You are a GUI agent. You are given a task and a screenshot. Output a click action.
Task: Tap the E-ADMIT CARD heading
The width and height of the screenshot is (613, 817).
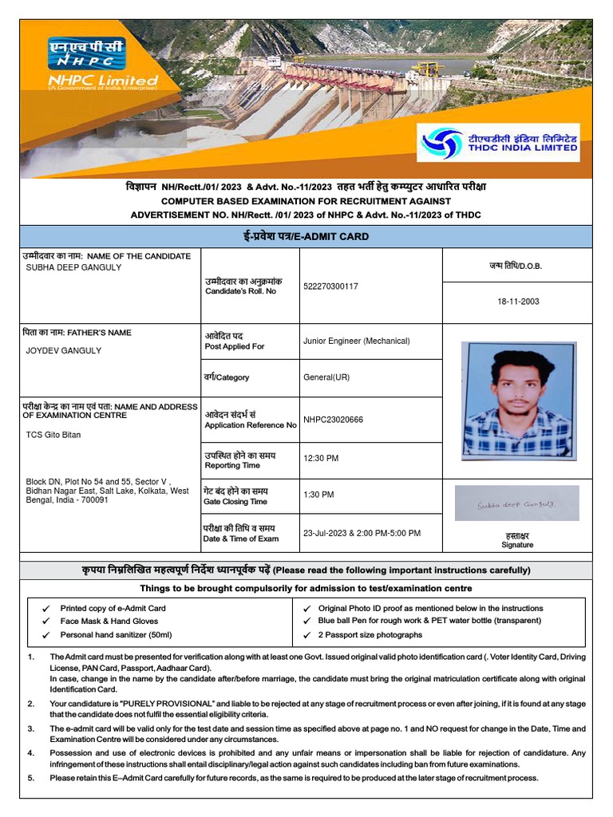coord(306,236)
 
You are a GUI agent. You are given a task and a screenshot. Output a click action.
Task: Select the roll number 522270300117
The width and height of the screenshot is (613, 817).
coord(330,286)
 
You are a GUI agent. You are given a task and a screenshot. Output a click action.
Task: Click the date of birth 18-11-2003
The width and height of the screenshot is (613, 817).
coord(518,302)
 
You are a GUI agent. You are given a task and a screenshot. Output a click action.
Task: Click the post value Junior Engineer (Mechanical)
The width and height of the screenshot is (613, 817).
coord(356,341)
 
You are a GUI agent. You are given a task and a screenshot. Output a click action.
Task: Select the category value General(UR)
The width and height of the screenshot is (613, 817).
coord(326,377)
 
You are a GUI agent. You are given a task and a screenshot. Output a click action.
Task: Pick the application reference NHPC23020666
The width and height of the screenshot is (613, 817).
coord(333,420)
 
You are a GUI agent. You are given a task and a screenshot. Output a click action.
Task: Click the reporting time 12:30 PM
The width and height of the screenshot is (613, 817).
coord(321,458)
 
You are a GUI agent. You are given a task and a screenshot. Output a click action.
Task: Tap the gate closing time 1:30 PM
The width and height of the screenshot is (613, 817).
coord(318,495)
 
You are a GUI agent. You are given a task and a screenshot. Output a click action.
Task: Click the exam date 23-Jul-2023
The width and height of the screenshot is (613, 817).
coord(327,533)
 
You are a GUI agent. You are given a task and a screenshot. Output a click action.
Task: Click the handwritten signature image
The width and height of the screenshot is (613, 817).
coord(516,504)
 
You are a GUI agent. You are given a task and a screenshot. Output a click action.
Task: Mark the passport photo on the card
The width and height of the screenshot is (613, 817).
coord(518,401)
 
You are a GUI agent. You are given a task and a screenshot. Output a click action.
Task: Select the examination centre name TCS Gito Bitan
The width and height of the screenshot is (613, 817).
coord(53,435)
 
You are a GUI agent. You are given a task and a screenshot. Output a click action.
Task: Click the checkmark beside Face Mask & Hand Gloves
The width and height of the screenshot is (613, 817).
coord(46,621)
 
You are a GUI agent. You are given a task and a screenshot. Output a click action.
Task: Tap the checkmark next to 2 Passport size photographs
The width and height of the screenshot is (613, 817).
coord(307,635)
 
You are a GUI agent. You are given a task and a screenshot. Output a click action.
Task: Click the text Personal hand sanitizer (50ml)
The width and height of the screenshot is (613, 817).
coord(116,634)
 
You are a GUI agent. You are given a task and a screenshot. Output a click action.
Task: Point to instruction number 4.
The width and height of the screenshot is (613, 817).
coord(31,752)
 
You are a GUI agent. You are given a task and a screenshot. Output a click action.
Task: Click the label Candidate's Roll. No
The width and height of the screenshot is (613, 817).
coord(240,291)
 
